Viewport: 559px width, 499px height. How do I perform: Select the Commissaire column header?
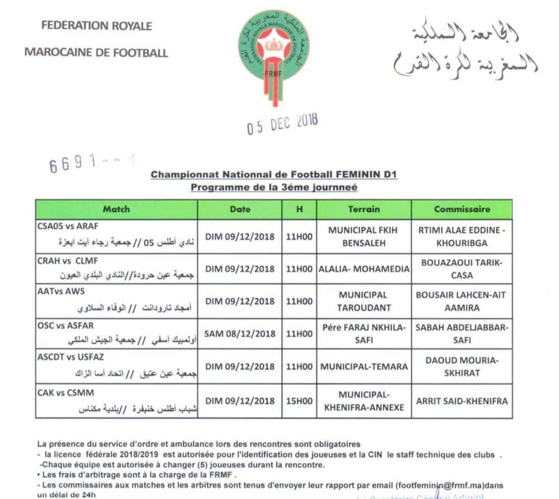(462, 209)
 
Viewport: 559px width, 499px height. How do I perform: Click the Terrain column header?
(363, 209)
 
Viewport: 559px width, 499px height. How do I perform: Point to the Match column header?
(116, 209)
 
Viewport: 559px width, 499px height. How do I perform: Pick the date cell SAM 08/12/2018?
(240, 333)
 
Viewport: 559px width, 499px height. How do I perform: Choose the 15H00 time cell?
(299, 401)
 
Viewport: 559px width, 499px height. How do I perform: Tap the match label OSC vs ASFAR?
(66, 326)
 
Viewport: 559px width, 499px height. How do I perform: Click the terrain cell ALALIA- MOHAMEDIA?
(363, 269)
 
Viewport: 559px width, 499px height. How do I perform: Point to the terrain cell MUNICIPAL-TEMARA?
(363, 367)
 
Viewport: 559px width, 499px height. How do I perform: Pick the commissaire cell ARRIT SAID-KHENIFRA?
(462, 401)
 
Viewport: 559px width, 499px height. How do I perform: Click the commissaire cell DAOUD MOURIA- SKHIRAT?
(462, 367)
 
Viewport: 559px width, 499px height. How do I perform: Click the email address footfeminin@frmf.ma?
(428, 485)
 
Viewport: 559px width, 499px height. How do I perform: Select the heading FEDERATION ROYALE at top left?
(96, 26)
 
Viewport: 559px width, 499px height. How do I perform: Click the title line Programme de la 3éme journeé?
(273, 187)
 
